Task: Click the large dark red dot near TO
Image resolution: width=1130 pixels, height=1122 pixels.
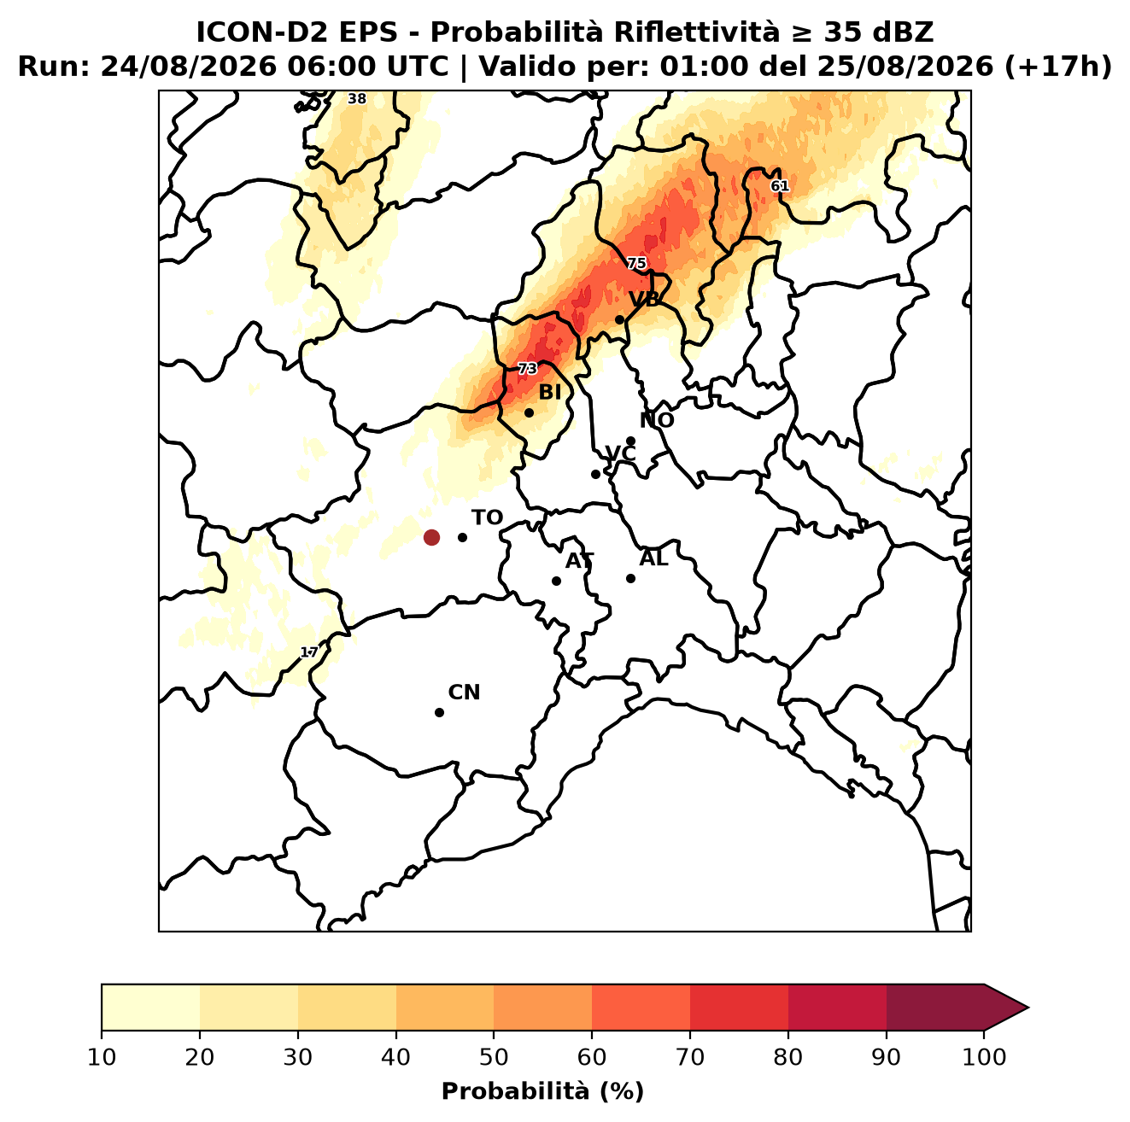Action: (431, 537)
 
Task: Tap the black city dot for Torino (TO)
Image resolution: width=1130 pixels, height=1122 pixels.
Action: (462, 537)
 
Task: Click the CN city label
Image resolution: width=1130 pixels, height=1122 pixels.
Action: (464, 692)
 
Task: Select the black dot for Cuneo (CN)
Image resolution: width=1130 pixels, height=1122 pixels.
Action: (439, 713)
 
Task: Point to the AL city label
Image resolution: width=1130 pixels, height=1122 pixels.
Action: (654, 558)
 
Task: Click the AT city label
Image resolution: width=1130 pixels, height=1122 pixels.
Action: (580, 561)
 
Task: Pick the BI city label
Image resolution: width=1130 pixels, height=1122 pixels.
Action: (550, 393)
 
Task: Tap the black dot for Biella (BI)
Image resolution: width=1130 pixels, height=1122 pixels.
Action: (529, 413)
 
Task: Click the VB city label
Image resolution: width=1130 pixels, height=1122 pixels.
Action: (645, 299)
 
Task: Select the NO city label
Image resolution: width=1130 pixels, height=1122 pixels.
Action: (657, 420)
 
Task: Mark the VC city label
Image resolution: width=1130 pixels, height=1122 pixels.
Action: (620, 453)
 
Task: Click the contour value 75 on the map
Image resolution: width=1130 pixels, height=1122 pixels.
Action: (636, 264)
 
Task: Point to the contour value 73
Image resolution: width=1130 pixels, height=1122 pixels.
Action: (527, 369)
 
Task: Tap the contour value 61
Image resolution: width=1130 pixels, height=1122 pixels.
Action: (779, 186)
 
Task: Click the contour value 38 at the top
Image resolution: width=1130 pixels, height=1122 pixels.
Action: (356, 99)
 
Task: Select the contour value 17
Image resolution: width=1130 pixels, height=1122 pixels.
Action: (309, 652)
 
